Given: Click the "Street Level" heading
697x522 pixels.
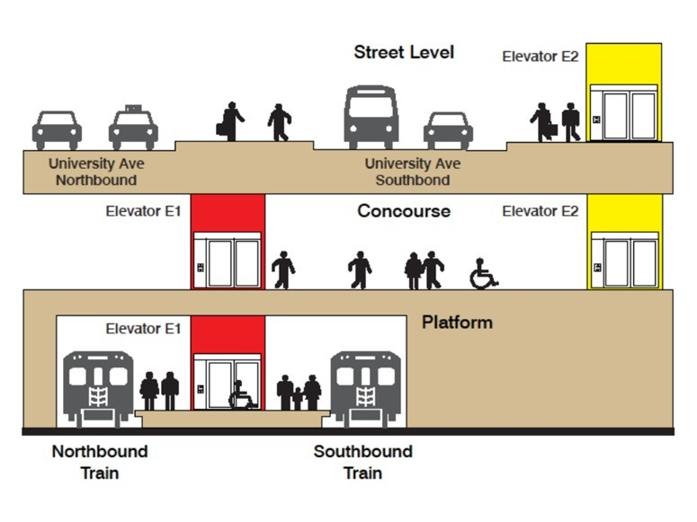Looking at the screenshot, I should pos(404,52).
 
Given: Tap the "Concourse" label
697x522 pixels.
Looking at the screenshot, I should pos(404,212).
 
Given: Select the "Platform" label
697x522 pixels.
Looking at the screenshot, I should pos(457,322).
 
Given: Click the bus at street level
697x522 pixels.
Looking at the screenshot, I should pos(371,117).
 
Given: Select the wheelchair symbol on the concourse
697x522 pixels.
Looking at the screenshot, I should pos(483,274).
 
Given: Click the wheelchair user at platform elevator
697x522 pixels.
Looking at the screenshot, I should pos(240,395).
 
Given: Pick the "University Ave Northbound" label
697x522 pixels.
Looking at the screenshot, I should pos(96,172).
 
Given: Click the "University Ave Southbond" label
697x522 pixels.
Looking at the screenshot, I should pos(413,172).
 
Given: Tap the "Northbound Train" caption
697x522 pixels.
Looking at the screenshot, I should pos(99,462).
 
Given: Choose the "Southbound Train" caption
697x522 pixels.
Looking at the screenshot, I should pos(362,462).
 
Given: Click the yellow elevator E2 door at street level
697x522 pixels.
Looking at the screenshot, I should pos(624,115).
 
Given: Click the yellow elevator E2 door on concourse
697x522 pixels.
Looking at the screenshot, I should pos(624,262).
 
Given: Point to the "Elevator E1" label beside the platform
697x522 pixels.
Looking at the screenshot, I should pos(143,329).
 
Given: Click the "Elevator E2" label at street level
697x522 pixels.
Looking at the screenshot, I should pos(540,57).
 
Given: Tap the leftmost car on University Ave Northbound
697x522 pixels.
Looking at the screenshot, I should pos(57,130).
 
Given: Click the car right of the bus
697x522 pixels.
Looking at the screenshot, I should pos(448,131).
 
